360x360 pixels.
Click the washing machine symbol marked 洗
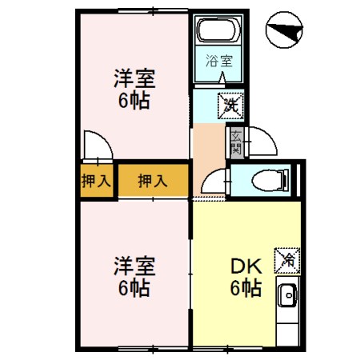[232, 102]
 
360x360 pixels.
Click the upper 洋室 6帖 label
[134, 90]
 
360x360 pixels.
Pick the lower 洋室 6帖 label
[134, 275]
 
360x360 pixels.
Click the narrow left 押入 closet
[97, 181]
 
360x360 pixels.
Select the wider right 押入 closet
[152, 181]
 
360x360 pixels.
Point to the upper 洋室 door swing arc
[96, 149]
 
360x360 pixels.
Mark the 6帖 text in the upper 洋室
[134, 101]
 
